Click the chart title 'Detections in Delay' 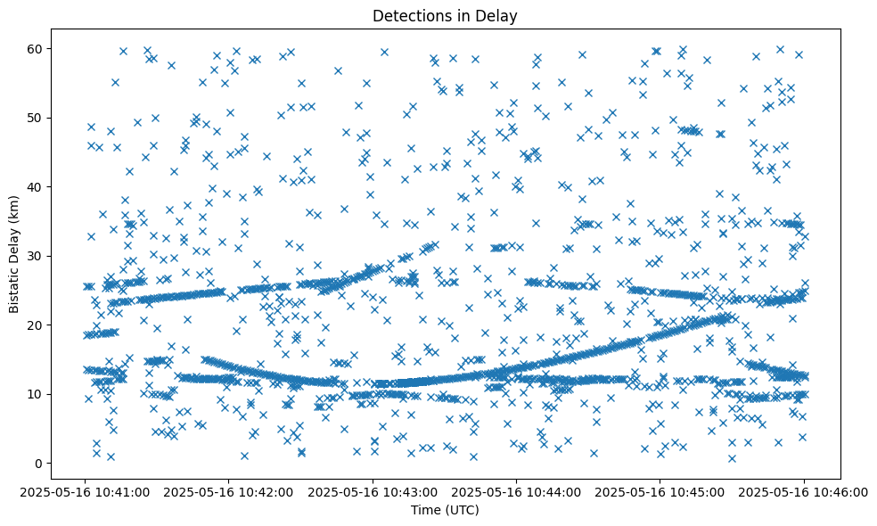coord(445,15)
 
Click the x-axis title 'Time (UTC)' coord(445,510)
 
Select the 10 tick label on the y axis coord(36,394)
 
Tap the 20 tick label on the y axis coord(36,325)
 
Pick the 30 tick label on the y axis coord(36,256)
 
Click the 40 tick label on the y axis coord(36,187)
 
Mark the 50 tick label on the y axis coord(36,118)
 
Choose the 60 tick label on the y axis coord(36,48)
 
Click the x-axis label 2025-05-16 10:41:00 coord(86,491)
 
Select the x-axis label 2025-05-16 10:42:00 coord(229,491)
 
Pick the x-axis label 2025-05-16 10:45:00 coord(660,491)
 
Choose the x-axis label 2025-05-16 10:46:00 coord(803,491)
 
